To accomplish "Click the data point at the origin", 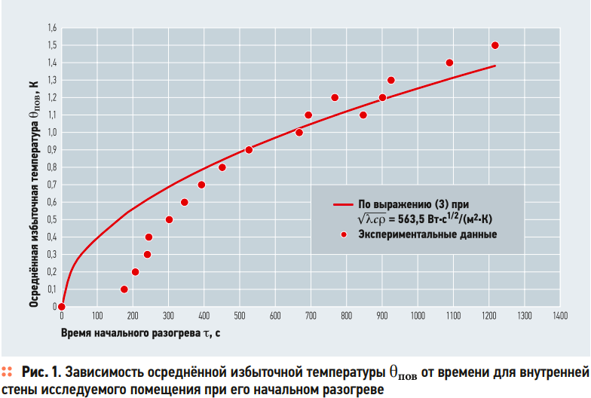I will pos(62,306).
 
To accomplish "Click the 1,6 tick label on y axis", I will pos(52,28).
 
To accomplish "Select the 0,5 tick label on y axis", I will pos(52,219).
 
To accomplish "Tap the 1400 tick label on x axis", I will pos(559,317).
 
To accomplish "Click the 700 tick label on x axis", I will pos(310,317).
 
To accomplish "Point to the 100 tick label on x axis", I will pos(97,317).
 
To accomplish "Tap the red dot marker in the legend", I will pos(343,234).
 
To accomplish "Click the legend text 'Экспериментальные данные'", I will pos(427,234).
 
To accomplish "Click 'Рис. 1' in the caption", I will pos(42,372).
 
